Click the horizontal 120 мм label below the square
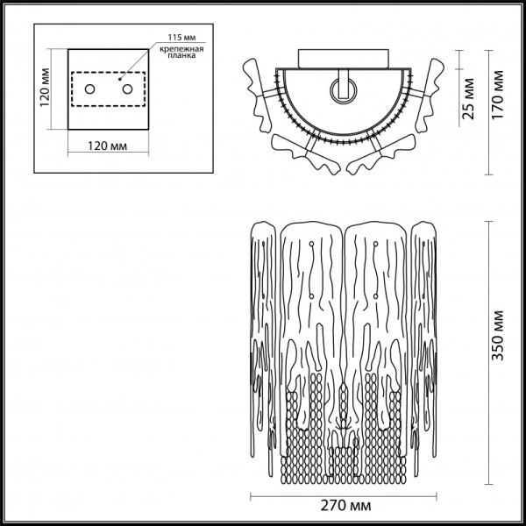(106, 146)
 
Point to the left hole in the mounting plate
(90, 89)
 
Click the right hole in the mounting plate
(127, 89)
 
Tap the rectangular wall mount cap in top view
(344, 58)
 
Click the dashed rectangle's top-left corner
(71, 72)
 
